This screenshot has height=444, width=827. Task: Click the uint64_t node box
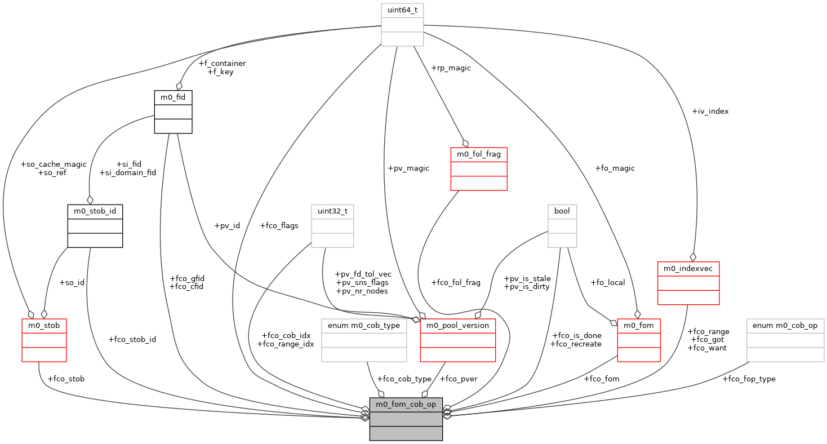pos(402,25)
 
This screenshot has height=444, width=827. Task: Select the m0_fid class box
pos(173,112)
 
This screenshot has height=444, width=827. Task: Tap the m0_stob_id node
pos(95,225)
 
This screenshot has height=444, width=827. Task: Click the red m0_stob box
pos(44,340)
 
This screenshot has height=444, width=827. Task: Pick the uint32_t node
pos(332,225)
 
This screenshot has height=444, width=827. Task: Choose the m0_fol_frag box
pos(479,168)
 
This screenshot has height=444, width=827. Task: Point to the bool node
pos(562,225)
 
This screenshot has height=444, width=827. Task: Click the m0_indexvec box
pos(688,283)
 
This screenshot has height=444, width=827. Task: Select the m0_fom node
pos(639,340)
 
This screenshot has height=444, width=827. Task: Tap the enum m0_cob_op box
pos(785,340)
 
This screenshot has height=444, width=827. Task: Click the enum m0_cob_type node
pos(363,340)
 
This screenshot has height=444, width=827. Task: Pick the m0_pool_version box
pos(457,340)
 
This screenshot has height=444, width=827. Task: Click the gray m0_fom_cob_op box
pos(406,419)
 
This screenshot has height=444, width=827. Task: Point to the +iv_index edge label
pos(710,112)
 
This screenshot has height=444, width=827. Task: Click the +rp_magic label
pos(451,68)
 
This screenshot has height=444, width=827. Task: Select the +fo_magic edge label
pos(615,168)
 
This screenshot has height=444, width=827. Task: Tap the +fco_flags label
pos(279,225)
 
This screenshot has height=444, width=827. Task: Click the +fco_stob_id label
pos(132,339)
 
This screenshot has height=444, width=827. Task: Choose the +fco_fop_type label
pos(749,379)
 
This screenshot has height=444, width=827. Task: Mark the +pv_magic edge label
pos(408,168)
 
